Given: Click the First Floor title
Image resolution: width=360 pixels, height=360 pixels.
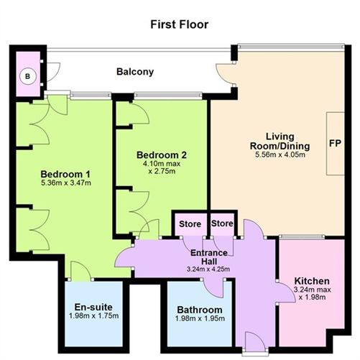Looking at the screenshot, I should pos(180,24).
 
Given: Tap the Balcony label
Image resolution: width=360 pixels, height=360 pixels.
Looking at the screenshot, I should pos(136,72).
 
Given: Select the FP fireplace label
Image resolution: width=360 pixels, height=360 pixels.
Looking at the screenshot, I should pos(336,142).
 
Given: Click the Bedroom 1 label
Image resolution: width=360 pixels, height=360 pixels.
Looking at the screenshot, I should pos(65,175).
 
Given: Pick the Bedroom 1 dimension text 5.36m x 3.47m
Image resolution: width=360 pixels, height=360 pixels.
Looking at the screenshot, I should pos(65,185).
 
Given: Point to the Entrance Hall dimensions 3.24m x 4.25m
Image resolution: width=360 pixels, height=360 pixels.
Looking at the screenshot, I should pos(209,269).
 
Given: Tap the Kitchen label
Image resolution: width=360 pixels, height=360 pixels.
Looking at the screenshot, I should pos(312,280).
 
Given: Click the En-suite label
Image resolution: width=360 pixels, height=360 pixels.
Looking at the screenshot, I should pos(93,308).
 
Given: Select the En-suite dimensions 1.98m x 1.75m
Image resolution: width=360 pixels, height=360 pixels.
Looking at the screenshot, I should pos(93,318).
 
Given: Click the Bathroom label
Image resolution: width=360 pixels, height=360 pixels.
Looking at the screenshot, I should pos(200,310).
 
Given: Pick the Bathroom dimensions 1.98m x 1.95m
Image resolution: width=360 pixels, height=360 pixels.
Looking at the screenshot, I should pos(200,320).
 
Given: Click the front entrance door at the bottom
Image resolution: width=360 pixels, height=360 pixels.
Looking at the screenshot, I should pos(253,341).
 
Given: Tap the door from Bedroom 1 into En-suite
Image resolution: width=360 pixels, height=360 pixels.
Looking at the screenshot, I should pos(80,272).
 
